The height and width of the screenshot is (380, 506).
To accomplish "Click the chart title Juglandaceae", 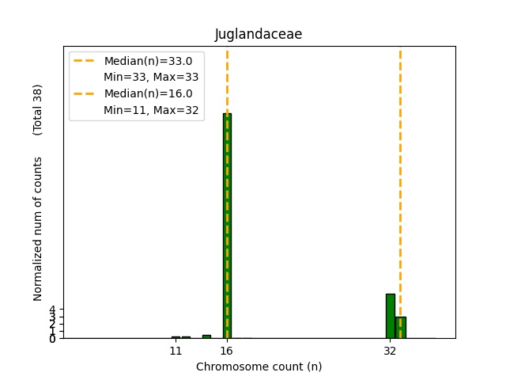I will point(259,35).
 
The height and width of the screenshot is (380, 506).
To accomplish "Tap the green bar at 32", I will point(390,316).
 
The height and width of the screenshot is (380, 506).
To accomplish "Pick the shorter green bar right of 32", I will point(401,327).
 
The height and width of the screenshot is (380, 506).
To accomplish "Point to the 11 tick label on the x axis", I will point(176,350).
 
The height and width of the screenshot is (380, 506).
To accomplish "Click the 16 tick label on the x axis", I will point(227,350).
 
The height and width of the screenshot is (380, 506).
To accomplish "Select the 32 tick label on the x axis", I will point(390,350).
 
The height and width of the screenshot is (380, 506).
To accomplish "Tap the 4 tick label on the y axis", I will point(52,310).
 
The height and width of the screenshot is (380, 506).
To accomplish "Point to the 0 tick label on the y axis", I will point(52,338).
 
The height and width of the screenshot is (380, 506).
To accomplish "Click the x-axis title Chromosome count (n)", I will point(259,367).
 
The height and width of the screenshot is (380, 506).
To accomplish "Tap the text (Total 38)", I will point(38,109).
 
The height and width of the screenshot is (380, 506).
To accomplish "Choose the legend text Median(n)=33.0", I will point(148,61).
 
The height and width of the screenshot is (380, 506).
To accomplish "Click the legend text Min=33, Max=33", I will point(151,78).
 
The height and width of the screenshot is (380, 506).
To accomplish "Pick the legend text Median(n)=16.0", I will point(148,93).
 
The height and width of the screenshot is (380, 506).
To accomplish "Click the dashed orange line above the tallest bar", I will point(227,79).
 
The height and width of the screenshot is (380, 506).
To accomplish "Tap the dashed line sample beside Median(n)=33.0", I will point(85,61).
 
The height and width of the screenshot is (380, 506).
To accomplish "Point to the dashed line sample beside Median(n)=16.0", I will point(85,93).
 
